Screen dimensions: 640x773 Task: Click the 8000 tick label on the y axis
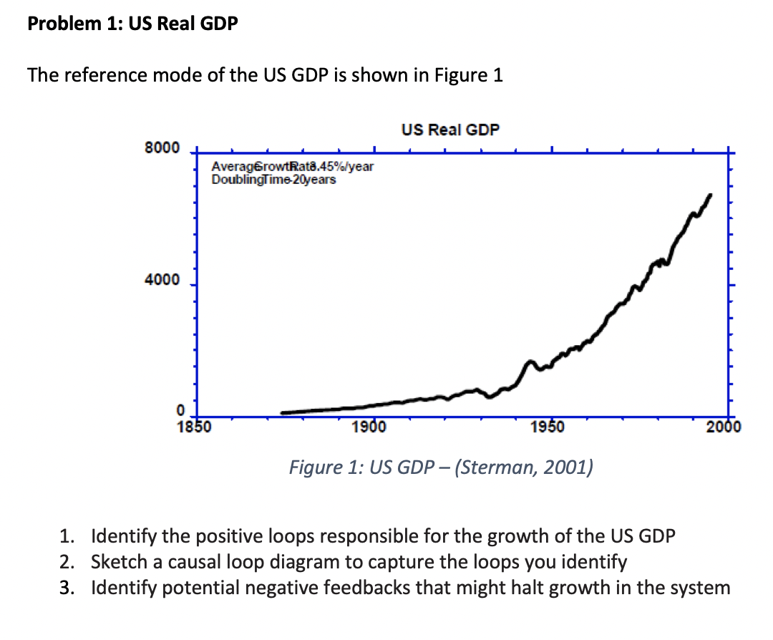[162, 148]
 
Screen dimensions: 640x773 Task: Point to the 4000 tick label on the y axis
[162, 281]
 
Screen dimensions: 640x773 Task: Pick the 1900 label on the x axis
[371, 428]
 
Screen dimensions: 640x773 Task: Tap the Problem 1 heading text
[133, 24]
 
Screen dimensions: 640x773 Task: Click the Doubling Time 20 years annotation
[273, 179]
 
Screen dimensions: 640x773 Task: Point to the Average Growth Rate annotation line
[293, 167]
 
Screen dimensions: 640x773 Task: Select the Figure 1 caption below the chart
[440, 468]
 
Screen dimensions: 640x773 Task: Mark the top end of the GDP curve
[710, 194]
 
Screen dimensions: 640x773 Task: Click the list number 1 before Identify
[66, 536]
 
